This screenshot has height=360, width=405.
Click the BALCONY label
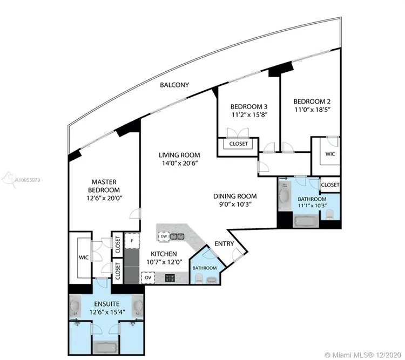click(x=174, y=85)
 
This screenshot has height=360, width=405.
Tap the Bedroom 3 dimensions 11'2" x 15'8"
click(x=249, y=114)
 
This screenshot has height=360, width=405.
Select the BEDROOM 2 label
click(x=312, y=101)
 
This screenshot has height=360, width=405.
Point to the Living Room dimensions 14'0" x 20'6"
click(x=179, y=163)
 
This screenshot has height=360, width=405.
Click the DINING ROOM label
click(x=235, y=196)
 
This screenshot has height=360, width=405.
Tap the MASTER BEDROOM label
click(x=104, y=186)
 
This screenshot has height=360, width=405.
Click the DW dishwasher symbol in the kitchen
click(x=164, y=236)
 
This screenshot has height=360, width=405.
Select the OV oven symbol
click(x=148, y=278)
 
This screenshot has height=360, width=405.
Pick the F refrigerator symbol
click(x=132, y=241)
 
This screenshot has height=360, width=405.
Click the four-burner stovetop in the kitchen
click(x=170, y=278)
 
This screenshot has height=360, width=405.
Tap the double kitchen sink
click(x=177, y=236)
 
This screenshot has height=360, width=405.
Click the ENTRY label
click(x=224, y=244)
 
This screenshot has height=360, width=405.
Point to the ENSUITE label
click(x=107, y=304)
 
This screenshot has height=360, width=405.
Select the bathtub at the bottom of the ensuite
click(x=105, y=347)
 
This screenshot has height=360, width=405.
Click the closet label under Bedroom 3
click(x=238, y=144)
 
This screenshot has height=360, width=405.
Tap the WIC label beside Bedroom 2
click(x=330, y=154)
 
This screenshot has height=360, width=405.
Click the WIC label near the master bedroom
click(x=84, y=257)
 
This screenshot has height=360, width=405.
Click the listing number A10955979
click(x=28, y=180)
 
